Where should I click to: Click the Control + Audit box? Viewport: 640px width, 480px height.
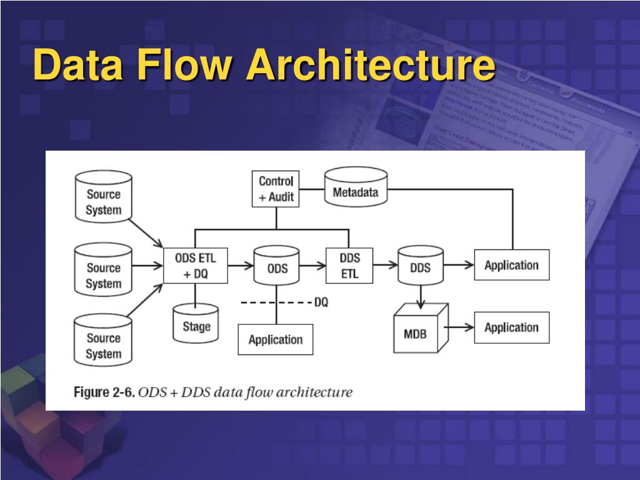point(276,189)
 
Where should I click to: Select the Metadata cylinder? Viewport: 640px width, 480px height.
point(356,186)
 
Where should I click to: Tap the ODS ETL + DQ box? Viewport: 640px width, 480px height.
point(196,266)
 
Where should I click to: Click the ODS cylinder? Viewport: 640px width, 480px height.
point(276,265)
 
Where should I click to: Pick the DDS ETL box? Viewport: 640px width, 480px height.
point(349,266)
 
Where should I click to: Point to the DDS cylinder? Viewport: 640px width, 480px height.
point(421,265)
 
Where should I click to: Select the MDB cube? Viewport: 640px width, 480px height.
point(421,328)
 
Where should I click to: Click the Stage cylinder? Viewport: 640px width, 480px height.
point(196,323)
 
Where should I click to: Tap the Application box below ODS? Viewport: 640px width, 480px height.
point(276,339)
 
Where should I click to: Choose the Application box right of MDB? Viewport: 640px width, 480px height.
point(512,327)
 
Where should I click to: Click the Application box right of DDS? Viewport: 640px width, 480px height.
point(512,265)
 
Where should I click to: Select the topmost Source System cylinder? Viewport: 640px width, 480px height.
point(104,197)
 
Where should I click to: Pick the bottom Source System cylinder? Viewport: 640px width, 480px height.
point(103,340)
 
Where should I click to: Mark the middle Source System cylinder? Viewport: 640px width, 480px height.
point(103,269)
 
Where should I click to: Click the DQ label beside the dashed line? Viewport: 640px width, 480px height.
point(321,302)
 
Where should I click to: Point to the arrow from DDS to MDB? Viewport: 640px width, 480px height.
point(421,297)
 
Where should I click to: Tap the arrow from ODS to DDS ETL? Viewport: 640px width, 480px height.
point(312,266)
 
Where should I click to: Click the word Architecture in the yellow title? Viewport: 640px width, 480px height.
point(371,64)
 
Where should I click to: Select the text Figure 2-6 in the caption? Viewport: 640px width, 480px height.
point(104,392)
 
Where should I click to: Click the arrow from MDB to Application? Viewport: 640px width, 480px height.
point(459,327)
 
